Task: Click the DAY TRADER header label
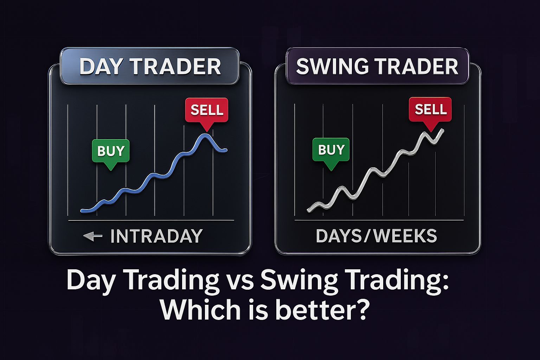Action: pyautogui.click(x=150, y=66)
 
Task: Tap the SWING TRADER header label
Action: pyautogui.click(x=377, y=66)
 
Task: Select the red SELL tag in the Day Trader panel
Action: pyautogui.click(x=207, y=110)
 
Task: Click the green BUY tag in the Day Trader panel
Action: pyautogui.click(x=111, y=151)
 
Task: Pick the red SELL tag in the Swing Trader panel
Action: pyautogui.click(x=430, y=109)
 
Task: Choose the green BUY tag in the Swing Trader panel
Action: pyautogui.click(x=331, y=150)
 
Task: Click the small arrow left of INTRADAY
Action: pyautogui.click(x=93, y=236)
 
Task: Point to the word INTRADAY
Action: pyautogui.click(x=156, y=236)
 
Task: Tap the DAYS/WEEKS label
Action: pyautogui.click(x=376, y=236)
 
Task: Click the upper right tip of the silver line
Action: pyautogui.click(x=443, y=130)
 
